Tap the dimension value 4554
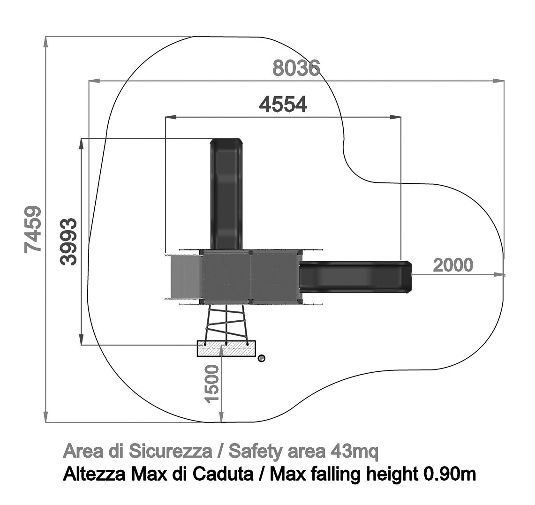(x=283, y=104)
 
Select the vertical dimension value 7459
(x=33, y=229)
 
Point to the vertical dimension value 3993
(x=68, y=241)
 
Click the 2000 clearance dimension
(x=453, y=265)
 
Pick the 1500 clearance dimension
(x=212, y=384)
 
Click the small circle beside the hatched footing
(x=261, y=358)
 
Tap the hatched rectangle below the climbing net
(x=226, y=348)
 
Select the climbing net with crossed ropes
(x=226, y=323)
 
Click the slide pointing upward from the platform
(x=226, y=194)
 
